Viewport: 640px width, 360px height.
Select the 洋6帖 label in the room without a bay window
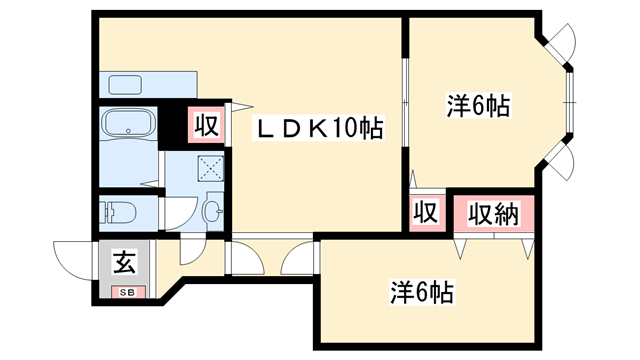point(421,292)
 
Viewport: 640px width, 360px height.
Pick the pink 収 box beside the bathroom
point(207,127)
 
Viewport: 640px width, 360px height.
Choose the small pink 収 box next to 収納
point(424,213)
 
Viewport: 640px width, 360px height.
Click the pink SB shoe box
point(127,292)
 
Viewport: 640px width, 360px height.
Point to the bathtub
point(128,125)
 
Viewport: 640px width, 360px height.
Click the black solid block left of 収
point(176,126)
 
